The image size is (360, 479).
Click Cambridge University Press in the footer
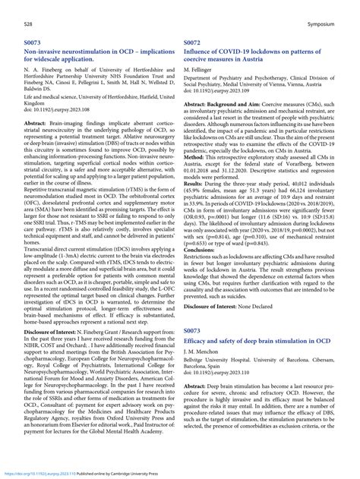coord(139,471)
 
